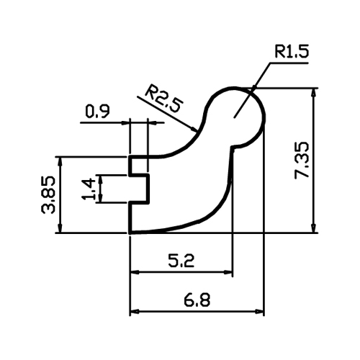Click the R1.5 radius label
(292, 51)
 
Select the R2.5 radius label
(165, 98)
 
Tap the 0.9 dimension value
(97, 112)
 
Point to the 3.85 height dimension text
(48, 195)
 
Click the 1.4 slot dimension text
(89, 189)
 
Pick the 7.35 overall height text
(302, 161)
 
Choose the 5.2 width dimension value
(181, 261)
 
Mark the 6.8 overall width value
(197, 300)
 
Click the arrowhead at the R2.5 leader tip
(194, 130)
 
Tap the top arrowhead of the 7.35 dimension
(313, 93)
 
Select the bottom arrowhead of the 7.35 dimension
(313, 228)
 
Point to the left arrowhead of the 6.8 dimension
(135, 312)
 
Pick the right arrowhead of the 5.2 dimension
(228, 272)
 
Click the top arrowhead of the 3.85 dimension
(60, 162)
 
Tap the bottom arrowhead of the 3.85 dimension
(60, 228)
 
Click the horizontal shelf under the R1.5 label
(289, 63)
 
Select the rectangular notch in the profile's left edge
(139, 189)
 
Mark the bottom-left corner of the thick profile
(130, 233)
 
